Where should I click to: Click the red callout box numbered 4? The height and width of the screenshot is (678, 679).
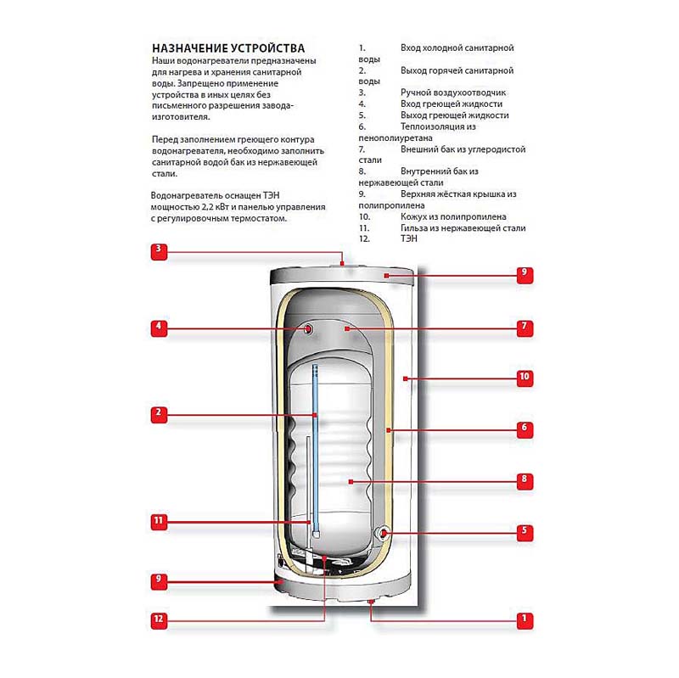tap(158, 326)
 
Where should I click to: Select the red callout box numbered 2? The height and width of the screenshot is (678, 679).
tap(158, 414)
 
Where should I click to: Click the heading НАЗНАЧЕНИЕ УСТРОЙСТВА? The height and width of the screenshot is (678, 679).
tap(227, 48)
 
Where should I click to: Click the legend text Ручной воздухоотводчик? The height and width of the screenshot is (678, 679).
tap(452, 92)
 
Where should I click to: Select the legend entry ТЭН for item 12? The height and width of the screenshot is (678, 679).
tap(408, 239)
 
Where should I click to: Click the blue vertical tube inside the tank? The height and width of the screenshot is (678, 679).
tap(315, 441)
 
